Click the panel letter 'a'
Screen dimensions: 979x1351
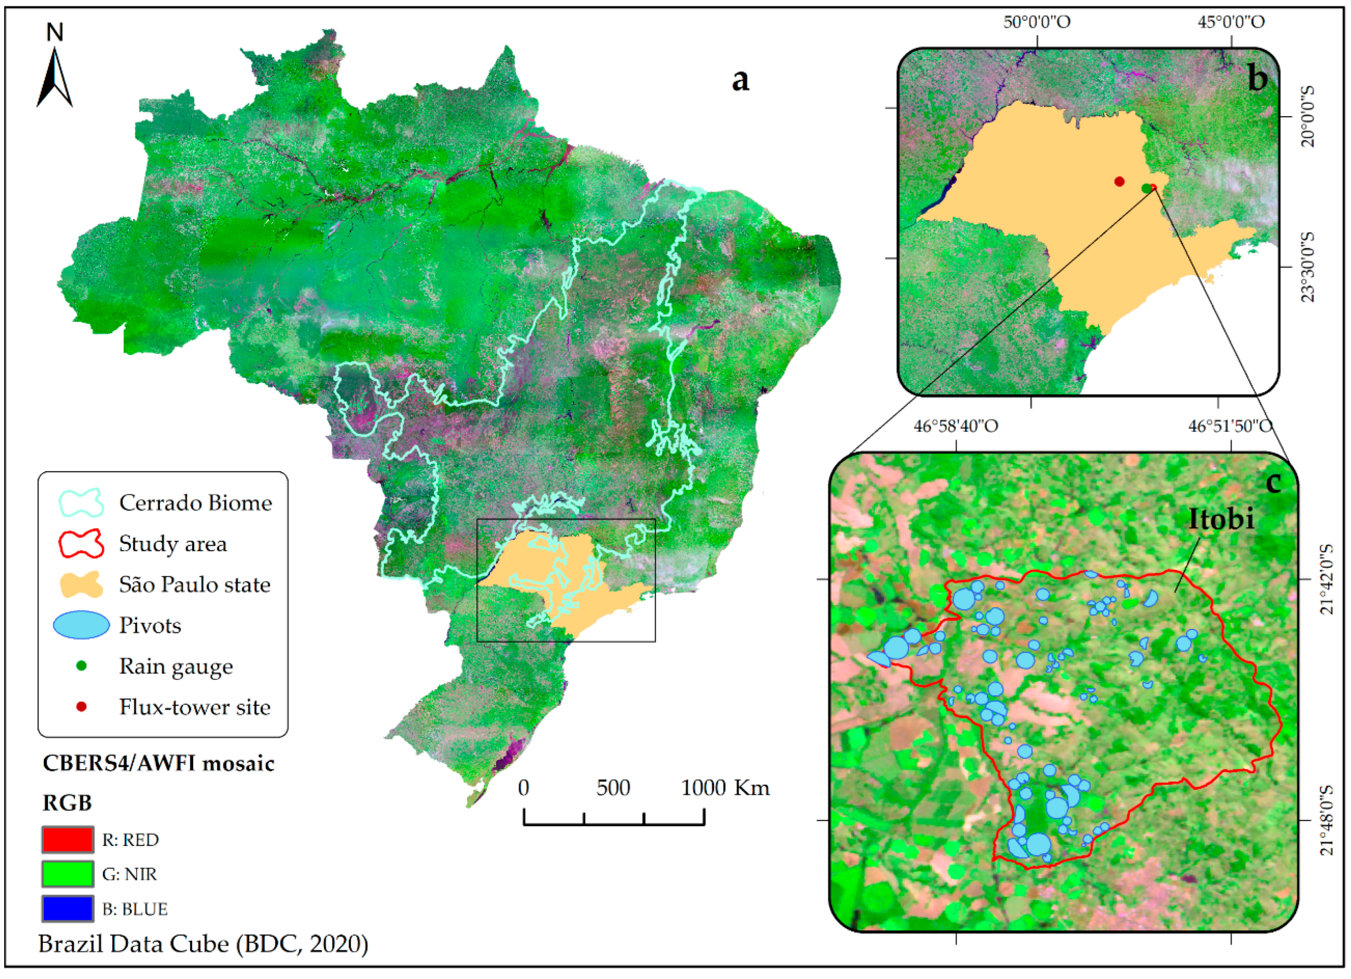(x=740, y=80)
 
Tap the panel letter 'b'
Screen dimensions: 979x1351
(x=1257, y=79)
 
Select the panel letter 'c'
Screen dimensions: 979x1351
(x=1273, y=482)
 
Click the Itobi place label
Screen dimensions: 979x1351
(x=1221, y=519)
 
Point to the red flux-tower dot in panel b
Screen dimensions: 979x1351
(x=1119, y=181)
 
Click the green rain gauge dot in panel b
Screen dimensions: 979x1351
(x=1147, y=188)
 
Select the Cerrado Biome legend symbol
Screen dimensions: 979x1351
(x=81, y=503)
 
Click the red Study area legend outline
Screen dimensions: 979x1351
(x=81, y=544)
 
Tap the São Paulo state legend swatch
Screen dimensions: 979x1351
(x=81, y=585)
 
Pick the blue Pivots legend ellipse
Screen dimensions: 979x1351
(x=81, y=625)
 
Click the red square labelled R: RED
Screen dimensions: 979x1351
(x=67, y=839)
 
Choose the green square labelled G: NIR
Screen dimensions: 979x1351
(x=67, y=874)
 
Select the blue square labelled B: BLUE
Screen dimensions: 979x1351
(x=67, y=909)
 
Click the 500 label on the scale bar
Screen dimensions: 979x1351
(x=613, y=788)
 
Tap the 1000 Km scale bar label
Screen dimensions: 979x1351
(x=724, y=788)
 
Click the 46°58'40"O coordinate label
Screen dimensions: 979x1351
(x=956, y=426)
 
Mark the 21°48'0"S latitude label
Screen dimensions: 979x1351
(x=1326, y=820)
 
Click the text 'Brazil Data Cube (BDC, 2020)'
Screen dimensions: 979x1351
(x=203, y=944)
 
